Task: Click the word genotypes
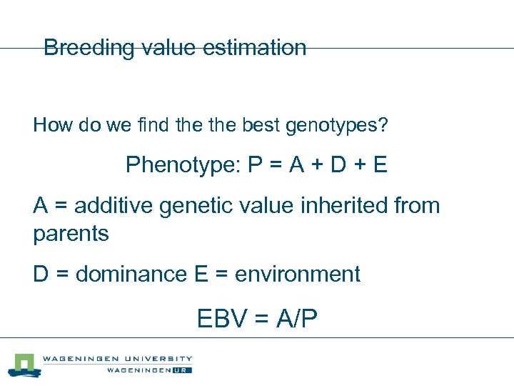click(x=337, y=127)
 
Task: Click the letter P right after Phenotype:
click(x=256, y=165)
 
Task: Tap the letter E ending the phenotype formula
click(x=380, y=165)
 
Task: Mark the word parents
click(x=71, y=234)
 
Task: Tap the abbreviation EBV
click(x=223, y=318)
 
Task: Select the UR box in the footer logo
click(x=183, y=370)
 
